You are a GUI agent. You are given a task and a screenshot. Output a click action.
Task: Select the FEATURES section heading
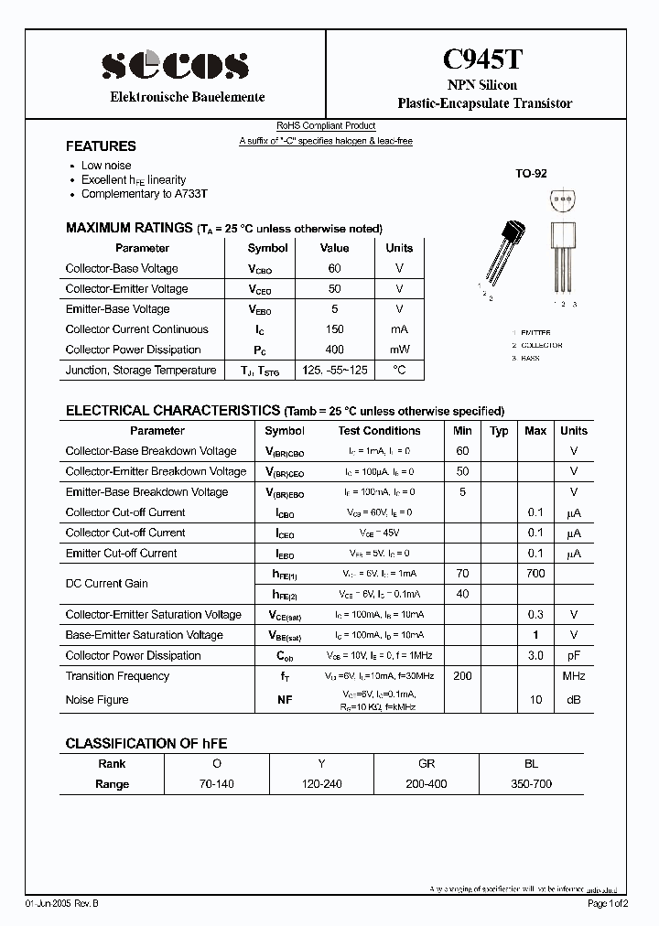(101, 146)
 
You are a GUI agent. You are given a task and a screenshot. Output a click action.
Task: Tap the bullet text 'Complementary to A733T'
(144, 194)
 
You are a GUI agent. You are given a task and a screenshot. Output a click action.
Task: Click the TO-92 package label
(530, 173)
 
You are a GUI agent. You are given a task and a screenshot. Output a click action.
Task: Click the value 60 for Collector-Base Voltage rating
(334, 268)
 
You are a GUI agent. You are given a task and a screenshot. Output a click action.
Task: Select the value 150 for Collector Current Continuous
(334, 329)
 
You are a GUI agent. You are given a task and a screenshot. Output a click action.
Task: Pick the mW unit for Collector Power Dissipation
(399, 350)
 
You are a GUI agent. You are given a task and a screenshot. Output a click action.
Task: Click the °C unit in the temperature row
(399, 371)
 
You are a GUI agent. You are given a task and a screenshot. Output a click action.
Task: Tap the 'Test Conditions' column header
(379, 431)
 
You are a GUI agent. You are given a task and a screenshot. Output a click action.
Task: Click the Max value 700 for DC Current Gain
(535, 574)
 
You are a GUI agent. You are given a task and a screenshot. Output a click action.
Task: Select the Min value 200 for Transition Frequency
(462, 676)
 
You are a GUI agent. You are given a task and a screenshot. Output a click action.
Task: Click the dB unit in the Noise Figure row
(574, 700)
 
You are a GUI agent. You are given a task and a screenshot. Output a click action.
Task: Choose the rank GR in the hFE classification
(427, 764)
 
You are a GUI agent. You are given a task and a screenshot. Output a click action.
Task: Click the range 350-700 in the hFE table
(532, 784)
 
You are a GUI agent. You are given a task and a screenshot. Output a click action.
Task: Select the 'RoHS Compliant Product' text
(326, 126)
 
